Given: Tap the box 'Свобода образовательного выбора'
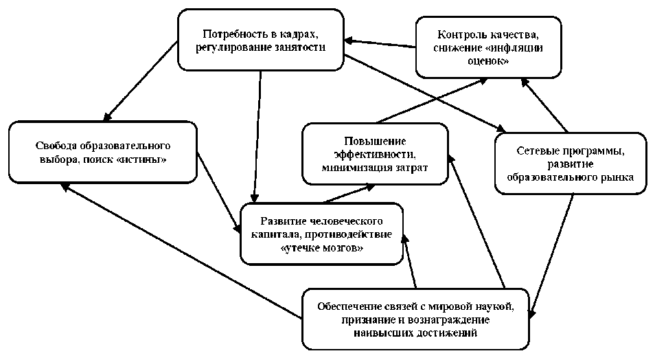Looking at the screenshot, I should [x=102, y=152].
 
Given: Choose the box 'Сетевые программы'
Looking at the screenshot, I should [x=570, y=163].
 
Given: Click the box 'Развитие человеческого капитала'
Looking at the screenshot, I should [x=321, y=233].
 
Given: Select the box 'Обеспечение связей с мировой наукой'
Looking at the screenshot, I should [x=416, y=319].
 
